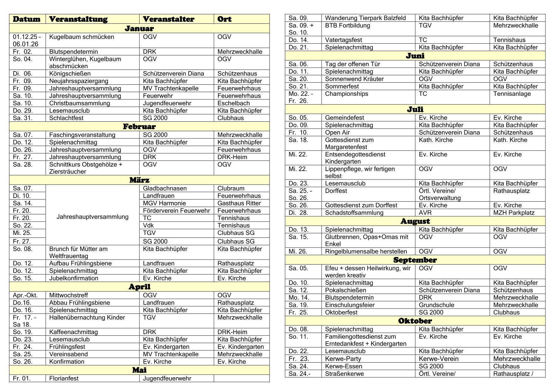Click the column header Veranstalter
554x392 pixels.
click(x=168, y=19)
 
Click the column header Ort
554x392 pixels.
click(x=224, y=19)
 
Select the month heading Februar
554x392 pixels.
click(x=139, y=127)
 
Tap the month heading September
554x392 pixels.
click(x=415, y=260)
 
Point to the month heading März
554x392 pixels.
click(x=139, y=180)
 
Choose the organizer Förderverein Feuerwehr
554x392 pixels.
click(x=176, y=211)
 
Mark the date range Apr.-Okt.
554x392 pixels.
click(x=25, y=295)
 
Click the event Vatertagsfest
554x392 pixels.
click(x=343, y=40)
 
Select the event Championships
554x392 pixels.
click(x=346, y=94)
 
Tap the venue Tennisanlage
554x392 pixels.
click(x=512, y=94)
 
